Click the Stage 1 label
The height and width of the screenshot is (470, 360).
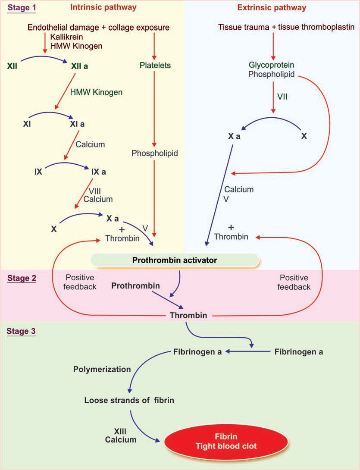pos(20,8)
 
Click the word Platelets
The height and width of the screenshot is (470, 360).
pos(155,66)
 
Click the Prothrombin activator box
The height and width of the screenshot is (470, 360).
pos(175,260)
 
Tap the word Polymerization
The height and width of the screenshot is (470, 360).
pos(102,369)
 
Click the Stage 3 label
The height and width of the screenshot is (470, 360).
pos(21,332)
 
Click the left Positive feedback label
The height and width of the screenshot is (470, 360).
pos(81,282)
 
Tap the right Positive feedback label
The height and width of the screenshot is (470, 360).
pos(295,282)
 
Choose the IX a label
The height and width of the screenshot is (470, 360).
pos(99,172)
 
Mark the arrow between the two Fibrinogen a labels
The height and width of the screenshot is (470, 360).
pos(248,352)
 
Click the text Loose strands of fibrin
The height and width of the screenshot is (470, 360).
pos(129,400)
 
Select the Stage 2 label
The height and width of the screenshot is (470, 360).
pos(21,278)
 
